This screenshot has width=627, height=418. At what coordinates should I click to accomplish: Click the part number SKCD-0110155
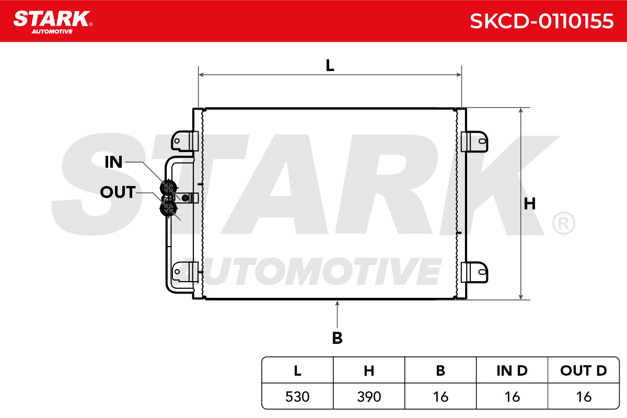542,21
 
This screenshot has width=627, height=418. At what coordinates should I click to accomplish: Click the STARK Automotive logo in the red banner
53,22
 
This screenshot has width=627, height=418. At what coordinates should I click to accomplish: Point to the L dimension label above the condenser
330,65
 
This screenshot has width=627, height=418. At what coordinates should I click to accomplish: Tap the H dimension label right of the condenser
530,204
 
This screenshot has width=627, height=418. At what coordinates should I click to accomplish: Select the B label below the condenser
338,338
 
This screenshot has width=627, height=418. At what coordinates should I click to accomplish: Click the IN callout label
113,162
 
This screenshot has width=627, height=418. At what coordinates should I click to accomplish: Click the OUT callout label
118,192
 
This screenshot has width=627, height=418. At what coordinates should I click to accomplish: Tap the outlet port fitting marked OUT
168,208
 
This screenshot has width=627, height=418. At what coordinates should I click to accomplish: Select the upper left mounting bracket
185,141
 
